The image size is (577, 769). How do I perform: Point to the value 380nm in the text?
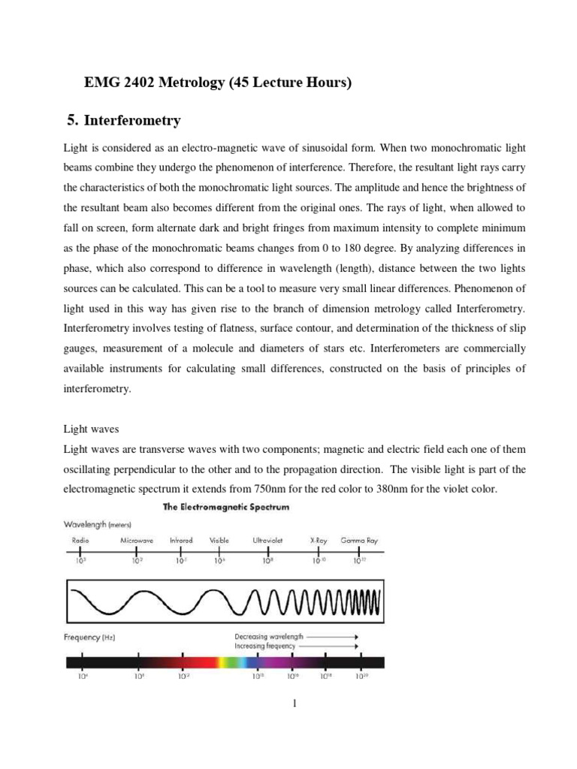coord(409,490)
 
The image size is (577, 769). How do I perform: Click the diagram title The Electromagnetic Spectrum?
coord(226,508)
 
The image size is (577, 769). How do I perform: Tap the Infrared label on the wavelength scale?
coord(181,540)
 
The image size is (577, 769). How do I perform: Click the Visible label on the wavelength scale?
coord(219,540)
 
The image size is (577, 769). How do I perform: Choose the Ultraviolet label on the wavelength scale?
coord(267,540)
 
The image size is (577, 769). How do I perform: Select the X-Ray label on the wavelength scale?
coord(318,540)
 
